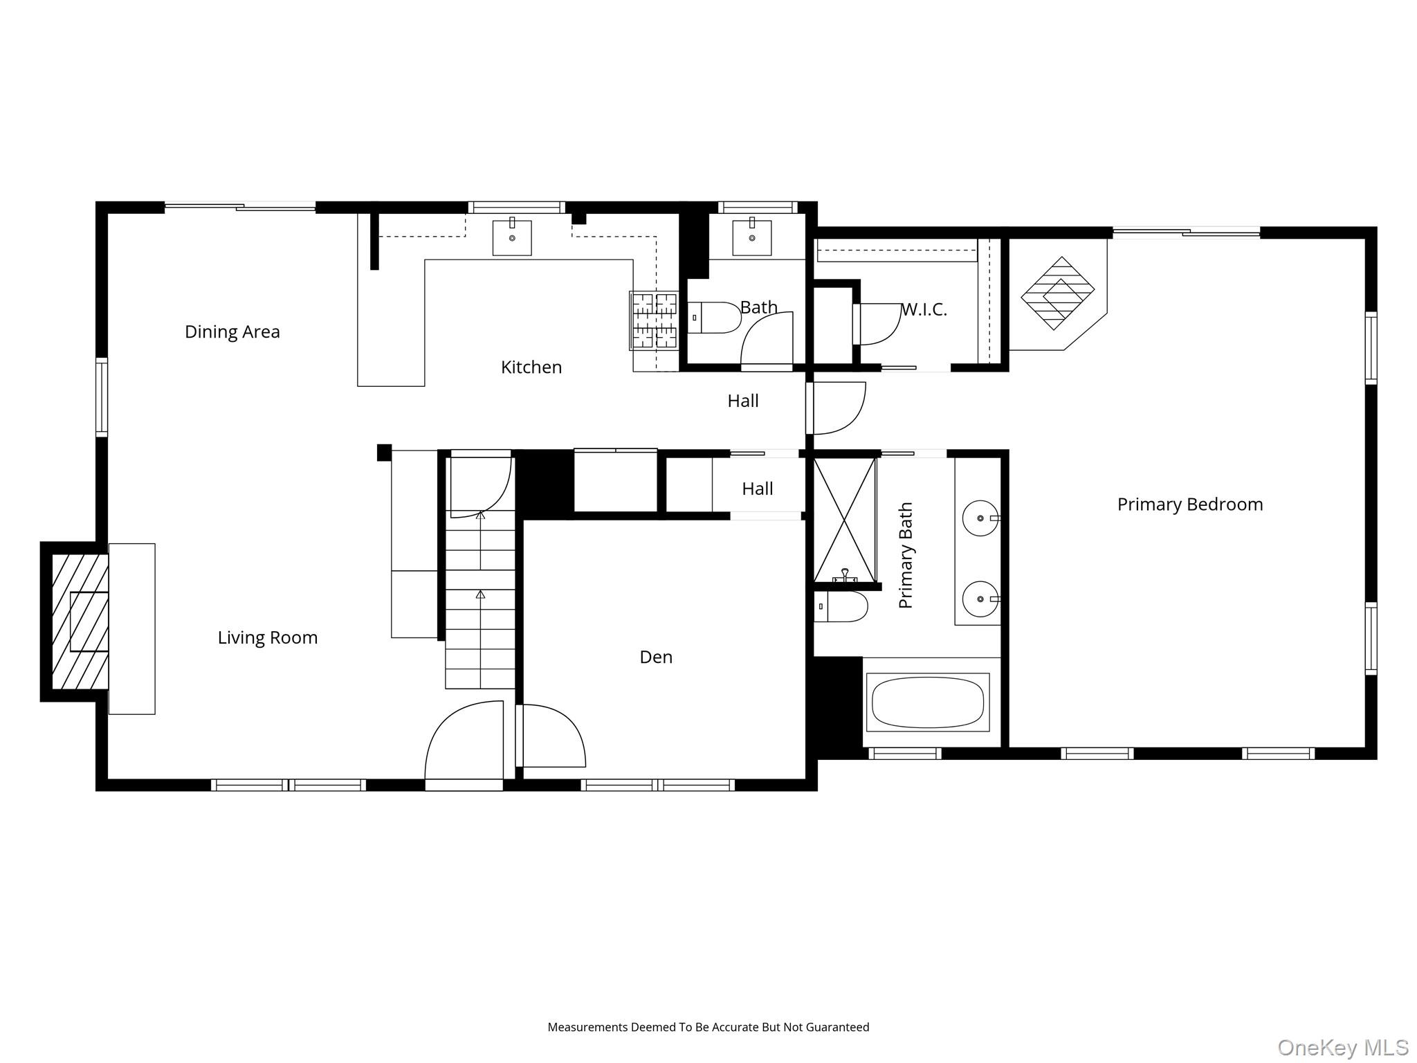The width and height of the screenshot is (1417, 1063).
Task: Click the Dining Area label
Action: [232, 332]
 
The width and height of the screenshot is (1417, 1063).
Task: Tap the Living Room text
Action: [267, 637]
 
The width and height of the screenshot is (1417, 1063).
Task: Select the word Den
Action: [655, 657]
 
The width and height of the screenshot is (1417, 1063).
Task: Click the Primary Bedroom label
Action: [1189, 505]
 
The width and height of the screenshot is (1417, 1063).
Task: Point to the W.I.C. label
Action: [924, 309]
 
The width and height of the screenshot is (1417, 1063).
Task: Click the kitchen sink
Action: [512, 237]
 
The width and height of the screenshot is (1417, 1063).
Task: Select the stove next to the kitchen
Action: [654, 320]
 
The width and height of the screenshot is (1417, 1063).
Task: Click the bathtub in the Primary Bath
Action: [927, 702]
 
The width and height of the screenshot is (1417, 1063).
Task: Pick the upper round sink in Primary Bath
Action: [980, 518]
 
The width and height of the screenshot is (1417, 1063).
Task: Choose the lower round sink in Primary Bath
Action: [980, 599]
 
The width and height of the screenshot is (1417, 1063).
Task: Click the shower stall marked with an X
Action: [844, 519]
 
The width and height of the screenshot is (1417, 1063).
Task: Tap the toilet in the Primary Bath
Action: [841, 607]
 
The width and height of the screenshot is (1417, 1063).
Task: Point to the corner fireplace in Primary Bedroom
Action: [1057, 294]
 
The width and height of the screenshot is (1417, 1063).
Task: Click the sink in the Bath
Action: [751, 237]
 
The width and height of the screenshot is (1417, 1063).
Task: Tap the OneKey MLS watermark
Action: [1342, 1047]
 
